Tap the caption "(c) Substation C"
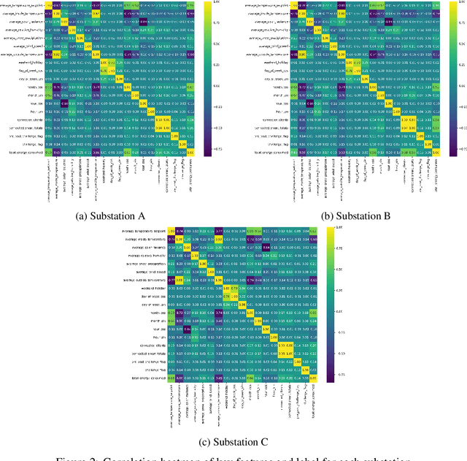pos(233,441)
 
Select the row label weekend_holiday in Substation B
pos(268,63)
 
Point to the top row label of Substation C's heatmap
pos(142,231)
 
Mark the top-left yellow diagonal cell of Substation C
pos(171,231)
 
